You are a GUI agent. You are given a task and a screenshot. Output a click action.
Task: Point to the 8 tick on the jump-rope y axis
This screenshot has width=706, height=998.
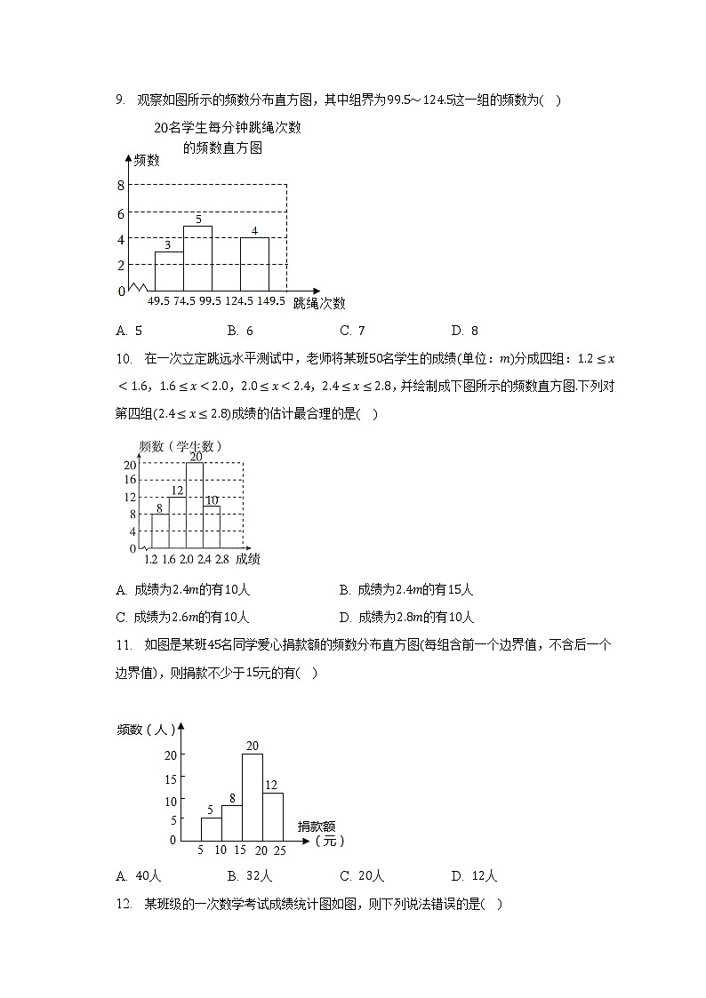click(120, 185)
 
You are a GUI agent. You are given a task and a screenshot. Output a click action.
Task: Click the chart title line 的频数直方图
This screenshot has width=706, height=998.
click(222, 148)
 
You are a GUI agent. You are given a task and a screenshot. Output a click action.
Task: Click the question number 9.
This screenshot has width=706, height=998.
click(120, 100)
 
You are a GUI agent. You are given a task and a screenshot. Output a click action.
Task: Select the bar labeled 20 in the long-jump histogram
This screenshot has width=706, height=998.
click(195, 505)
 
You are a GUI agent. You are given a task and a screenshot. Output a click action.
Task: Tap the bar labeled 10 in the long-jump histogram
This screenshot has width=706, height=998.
click(212, 527)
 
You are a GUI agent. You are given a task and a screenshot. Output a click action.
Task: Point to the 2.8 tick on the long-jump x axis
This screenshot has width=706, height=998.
click(221, 559)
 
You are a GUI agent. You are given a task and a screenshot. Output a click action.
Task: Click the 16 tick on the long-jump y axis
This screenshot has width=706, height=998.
click(129, 480)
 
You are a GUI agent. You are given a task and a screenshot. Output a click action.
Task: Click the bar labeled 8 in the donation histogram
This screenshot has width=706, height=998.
click(231, 823)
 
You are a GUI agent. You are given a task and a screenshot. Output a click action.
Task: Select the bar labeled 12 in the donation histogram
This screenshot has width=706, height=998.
click(273, 816)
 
